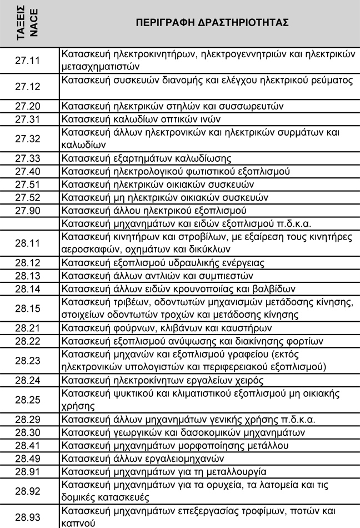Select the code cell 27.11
tap(29, 60)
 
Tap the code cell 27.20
tap(29, 106)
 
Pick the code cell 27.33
tap(29, 158)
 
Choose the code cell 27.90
tap(29, 211)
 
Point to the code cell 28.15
tap(29, 308)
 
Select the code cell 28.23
tap(29, 361)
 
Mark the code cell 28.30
tap(29, 432)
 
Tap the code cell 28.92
tap(29, 491)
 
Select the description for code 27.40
tap(176, 171)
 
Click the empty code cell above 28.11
tap(29, 224)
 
